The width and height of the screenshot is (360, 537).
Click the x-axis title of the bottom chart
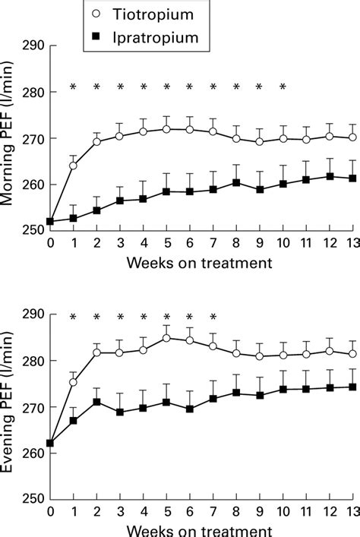(201, 530)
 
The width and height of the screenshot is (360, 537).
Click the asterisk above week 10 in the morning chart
(283, 87)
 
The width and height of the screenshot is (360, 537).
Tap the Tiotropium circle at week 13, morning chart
(352, 137)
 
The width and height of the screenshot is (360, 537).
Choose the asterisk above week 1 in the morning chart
(73, 87)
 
